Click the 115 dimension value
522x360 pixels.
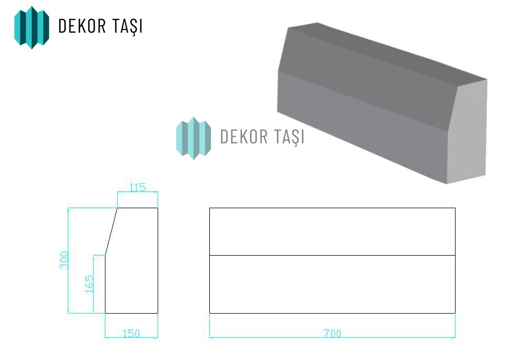point(138,188)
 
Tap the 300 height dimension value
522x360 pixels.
point(64,260)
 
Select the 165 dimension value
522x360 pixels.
point(89,284)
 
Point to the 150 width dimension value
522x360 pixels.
point(131,333)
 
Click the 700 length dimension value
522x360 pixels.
point(333,333)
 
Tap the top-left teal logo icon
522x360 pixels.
point(32,27)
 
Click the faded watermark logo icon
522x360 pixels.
point(194,138)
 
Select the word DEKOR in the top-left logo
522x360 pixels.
point(82,26)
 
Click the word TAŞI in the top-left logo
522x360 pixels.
point(128,26)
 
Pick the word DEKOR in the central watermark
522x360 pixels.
point(244,137)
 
